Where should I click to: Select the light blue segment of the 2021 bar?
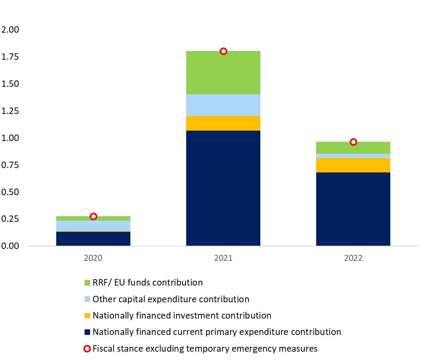pyautogui.click(x=223, y=105)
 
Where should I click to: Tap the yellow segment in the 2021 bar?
pyautogui.click(x=223, y=123)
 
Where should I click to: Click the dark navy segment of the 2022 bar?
pyautogui.click(x=353, y=209)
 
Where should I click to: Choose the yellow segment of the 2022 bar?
pyautogui.click(x=353, y=165)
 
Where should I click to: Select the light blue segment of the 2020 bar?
pyautogui.click(x=93, y=225)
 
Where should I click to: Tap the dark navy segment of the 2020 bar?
pyautogui.click(x=93, y=239)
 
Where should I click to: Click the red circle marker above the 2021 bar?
pyautogui.click(x=223, y=51)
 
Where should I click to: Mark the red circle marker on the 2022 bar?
pyautogui.click(x=353, y=142)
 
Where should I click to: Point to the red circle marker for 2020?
pyautogui.click(x=93, y=217)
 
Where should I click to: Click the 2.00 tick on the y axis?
pyautogui.click(x=10, y=30)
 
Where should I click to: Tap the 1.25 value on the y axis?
pyautogui.click(x=10, y=111)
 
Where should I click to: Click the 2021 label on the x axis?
pyautogui.click(x=223, y=258)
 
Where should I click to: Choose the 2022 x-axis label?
pyautogui.click(x=353, y=258)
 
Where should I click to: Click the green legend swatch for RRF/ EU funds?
pyautogui.click(x=88, y=283)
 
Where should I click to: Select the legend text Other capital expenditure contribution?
pyautogui.click(x=171, y=299)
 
